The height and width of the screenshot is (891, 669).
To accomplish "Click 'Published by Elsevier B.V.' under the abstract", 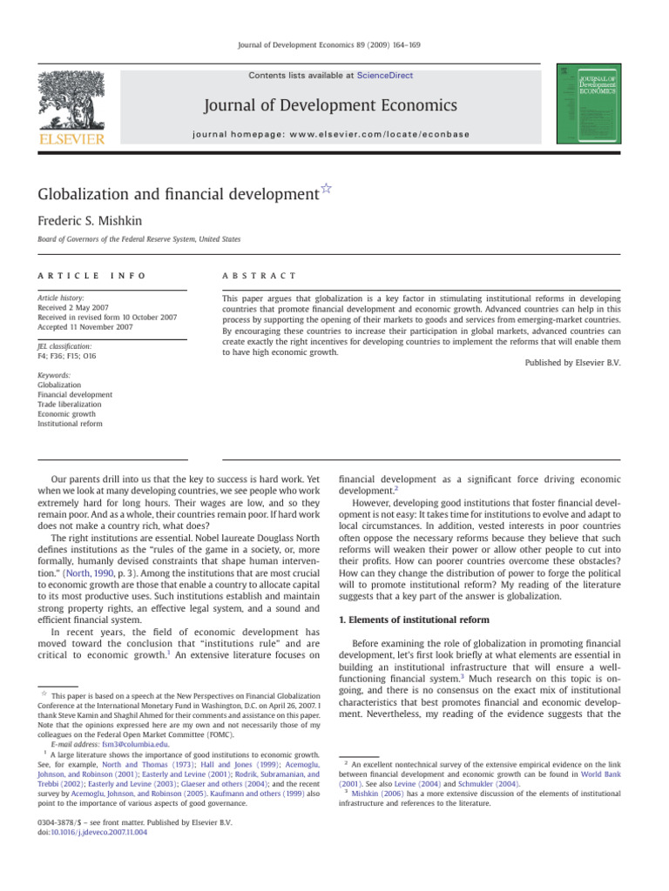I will coord(573,362).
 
